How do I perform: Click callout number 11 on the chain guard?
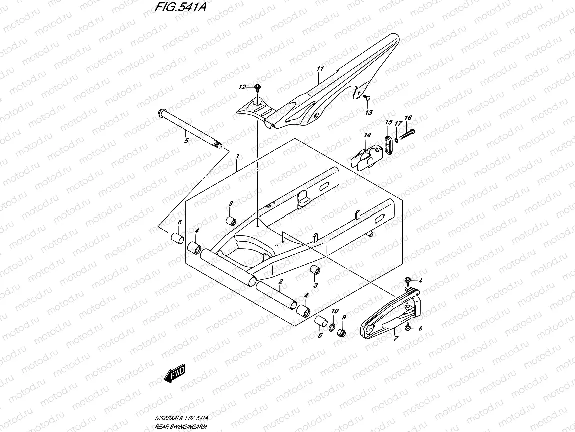point(320,68)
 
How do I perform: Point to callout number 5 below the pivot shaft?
point(186,141)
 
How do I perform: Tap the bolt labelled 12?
point(270,89)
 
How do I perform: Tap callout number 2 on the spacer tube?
point(281,282)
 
